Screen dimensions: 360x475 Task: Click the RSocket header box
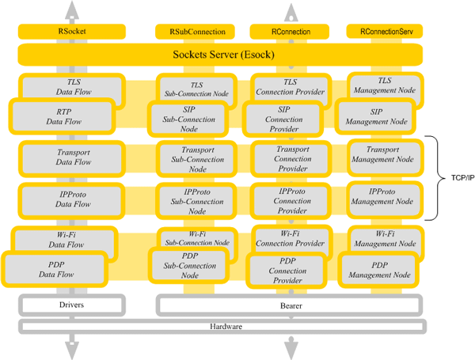(x=72, y=32)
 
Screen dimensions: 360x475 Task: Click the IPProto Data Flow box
(x=69, y=198)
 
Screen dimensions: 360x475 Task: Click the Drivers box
(x=71, y=305)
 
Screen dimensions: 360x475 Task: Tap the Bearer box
(x=291, y=305)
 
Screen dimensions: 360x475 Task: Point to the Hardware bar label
(x=226, y=326)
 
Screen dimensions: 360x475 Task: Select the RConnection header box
(x=291, y=32)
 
